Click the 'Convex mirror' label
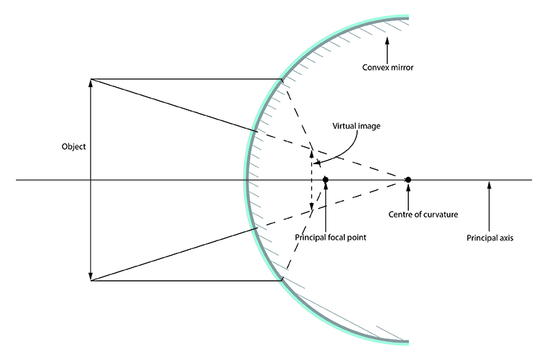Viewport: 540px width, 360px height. (390, 69)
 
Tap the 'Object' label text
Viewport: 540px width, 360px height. (74, 147)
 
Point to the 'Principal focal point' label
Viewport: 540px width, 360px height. (327, 236)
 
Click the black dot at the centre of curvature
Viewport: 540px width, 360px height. (408, 179)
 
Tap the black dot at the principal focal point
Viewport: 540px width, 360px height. (326, 179)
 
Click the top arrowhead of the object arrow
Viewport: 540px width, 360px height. (91, 83)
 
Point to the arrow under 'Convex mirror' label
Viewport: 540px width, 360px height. (387, 48)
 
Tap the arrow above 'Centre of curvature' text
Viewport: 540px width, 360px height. (409, 194)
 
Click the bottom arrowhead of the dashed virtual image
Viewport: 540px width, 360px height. (311, 209)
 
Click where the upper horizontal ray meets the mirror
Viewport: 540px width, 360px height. (282, 79)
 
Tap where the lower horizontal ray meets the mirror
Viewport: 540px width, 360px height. (282, 279)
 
